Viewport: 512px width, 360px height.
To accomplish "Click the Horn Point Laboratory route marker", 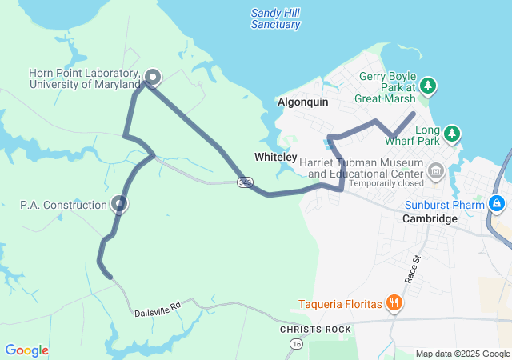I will click(152, 77).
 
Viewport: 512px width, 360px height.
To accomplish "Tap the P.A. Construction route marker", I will click(119, 205).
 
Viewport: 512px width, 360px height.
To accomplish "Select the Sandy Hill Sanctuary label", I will click(275, 18).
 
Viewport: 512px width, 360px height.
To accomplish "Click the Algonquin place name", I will click(303, 102).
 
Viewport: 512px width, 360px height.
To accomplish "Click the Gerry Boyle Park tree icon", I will click(429, 85).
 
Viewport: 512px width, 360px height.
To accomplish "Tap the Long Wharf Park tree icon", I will click(452, 133).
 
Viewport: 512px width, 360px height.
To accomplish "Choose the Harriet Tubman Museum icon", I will click(436, 170).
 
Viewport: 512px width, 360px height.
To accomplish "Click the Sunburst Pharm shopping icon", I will click(497, 204).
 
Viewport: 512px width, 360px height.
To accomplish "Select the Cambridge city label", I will click(430, 218).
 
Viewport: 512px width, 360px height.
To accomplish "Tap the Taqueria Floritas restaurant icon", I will click(394, 303).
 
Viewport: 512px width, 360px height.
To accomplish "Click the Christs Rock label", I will click(315, 330).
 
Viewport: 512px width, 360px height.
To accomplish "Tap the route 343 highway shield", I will click(245, 182).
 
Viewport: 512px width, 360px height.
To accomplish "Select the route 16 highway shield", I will click(295, 343).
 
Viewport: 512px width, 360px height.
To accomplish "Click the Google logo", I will click(26, 350).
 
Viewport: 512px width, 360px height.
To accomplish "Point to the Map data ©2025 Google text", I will click(462, 354).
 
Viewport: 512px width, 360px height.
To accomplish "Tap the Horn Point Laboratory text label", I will click(84, 78).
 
